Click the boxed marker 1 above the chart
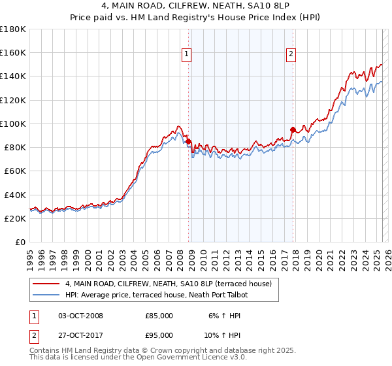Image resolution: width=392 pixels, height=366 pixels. (187, 55)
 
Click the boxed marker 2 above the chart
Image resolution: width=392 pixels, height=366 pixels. (291, 55)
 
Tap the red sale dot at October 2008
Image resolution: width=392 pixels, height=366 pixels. (188, 141)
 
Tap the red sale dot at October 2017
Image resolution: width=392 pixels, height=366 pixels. (293, 129)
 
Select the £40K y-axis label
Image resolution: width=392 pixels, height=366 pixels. (14, 195)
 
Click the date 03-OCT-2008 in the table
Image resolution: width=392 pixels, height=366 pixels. (80, 316)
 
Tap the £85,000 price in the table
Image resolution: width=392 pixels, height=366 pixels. (159, 316)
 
